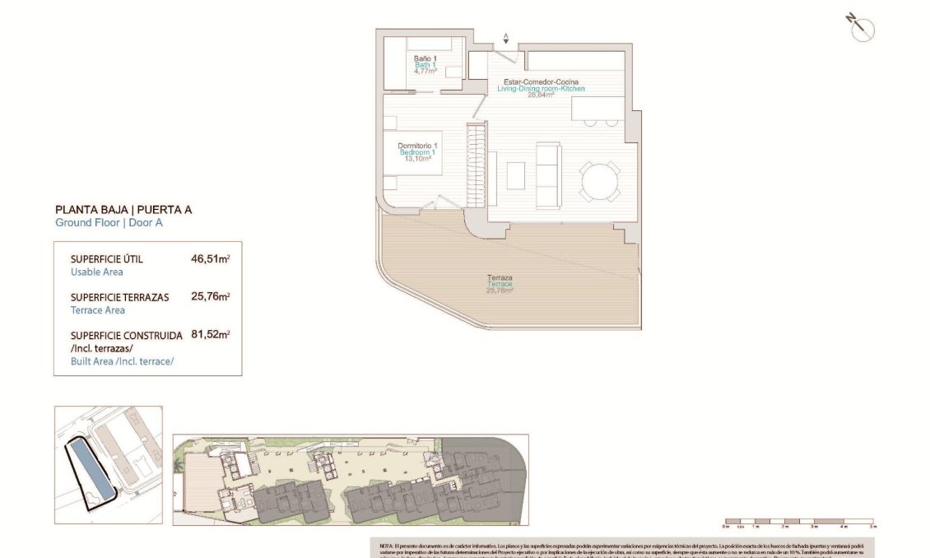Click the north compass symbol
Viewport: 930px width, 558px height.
click(x=862, y=28)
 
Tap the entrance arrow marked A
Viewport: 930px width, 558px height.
click(x=506, y=38)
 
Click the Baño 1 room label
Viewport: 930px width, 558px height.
click(x=425, y=58)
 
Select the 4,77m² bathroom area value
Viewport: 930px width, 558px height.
click(x=425, y=72)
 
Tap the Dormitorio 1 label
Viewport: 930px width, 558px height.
click(x=417, y=146)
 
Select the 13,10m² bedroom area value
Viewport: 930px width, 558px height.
click(x=417, y=159)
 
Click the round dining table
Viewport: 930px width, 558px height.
click(x=598, y=180)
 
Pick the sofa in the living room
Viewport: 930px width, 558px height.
click(x=547, y=174)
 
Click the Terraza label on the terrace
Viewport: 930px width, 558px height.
click(x=500, y=278)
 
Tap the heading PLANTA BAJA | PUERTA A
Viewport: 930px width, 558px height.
click(x=123, y=210)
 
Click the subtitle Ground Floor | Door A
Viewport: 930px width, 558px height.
click(x=109, y=223)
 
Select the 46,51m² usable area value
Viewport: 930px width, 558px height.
click(x=210, y=258)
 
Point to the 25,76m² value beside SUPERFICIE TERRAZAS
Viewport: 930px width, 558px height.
click(x=210, y=296)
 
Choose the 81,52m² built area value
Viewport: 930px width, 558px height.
click(x=210, y=335)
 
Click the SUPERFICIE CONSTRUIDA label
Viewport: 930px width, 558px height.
click(x=126, y=336)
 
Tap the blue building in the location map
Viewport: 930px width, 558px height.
click(x=88, y=467)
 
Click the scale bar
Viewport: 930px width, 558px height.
click(x=797, y=522)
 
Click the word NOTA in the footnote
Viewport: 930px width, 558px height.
click(x=387, y=546)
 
